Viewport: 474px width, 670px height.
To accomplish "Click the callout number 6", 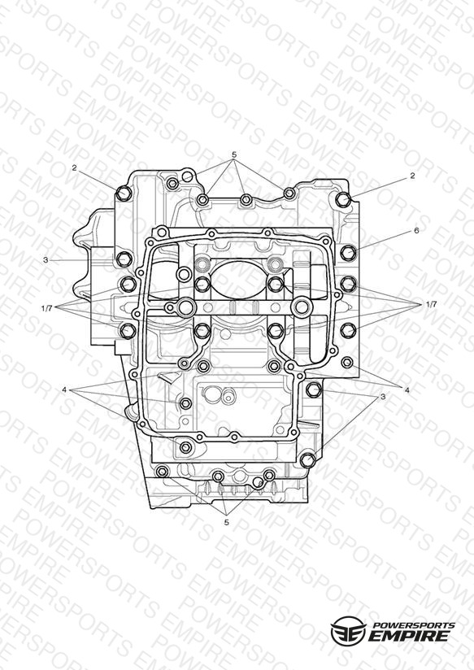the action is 416,231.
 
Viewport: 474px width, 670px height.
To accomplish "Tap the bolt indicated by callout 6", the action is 348,253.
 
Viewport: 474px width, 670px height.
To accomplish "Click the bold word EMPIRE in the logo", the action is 409,636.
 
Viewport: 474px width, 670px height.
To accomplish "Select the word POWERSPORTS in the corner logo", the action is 414,625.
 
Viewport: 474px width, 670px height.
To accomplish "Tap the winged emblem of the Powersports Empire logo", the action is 348,629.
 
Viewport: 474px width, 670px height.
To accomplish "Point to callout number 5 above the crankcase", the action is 234,154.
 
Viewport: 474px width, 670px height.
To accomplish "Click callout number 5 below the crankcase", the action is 227,522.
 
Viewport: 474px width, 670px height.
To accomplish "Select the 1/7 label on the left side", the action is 47,307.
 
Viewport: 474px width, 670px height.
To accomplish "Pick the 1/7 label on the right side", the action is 432,304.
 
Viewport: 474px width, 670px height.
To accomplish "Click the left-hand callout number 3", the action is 46,259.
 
